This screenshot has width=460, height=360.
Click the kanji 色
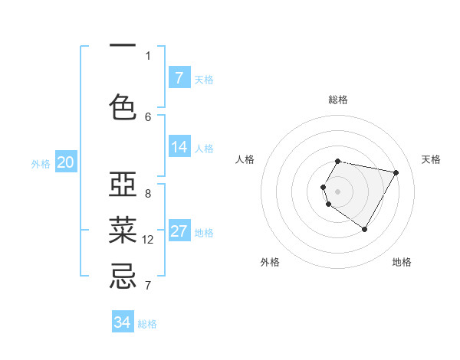point(123,106)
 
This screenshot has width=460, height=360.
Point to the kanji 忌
point(123,275)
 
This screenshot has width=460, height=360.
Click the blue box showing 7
point(179,78)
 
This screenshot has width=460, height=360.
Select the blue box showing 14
point(179,148)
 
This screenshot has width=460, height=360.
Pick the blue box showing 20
point(65,162)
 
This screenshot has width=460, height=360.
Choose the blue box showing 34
point(123,322)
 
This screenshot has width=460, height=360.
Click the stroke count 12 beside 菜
point(148,240)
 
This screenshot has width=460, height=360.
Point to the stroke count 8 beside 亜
point(148,194)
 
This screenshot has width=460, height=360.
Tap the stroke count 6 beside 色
point(148,116)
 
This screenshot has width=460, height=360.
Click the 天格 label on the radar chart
point(431,159)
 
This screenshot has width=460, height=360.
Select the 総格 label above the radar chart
point(338,100)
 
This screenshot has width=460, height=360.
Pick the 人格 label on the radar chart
point(245,159)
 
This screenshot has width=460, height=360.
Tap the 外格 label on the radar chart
point(270,262)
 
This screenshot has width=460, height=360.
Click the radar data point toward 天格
point(396,173)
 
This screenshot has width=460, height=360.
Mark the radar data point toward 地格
point(364,229)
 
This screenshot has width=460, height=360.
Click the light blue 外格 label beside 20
point(41,163)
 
